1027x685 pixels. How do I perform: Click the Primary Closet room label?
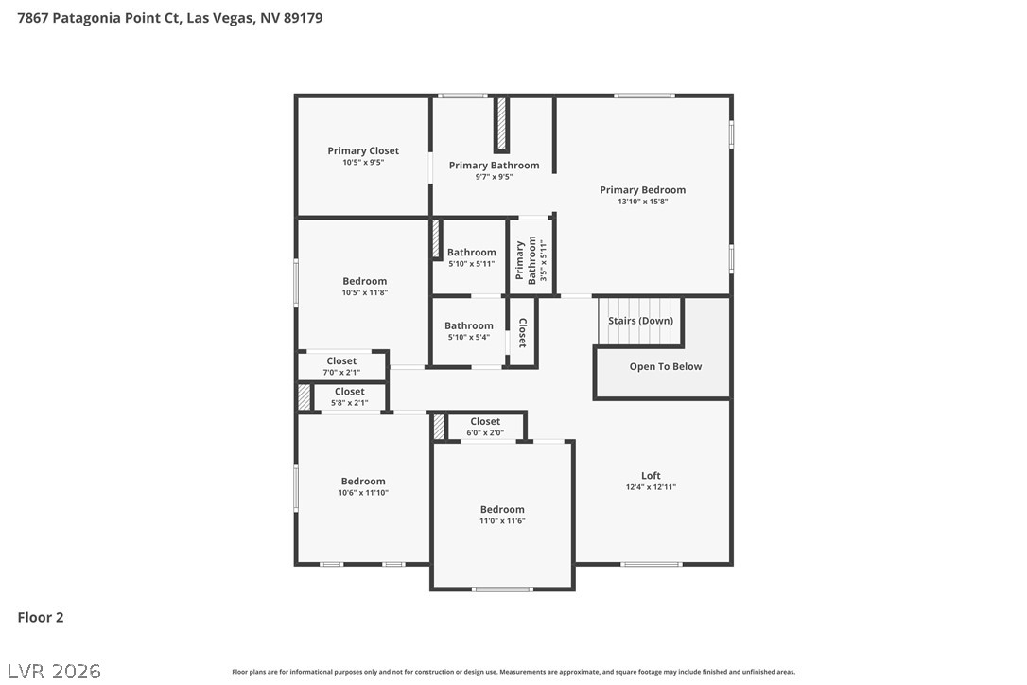363,150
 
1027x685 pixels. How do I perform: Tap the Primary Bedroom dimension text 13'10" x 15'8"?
642,202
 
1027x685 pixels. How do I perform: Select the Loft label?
651,475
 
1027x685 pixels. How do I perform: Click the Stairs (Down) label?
640,321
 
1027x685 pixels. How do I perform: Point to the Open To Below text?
666,366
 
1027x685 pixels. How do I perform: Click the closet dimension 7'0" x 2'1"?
341,373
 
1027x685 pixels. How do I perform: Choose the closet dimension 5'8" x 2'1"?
349,403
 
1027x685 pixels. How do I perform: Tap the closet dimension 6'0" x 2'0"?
485,432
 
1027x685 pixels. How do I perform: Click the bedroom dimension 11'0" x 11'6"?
502,521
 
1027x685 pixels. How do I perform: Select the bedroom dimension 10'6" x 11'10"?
363,493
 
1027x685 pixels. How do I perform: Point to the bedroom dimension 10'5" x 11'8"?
365,293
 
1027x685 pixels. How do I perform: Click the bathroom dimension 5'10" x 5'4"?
469,338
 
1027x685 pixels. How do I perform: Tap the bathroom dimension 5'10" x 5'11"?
472,264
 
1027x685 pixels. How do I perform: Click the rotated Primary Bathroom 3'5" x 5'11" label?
531,259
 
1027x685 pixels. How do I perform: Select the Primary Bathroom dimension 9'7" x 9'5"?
494,177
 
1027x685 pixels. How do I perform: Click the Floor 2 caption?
41,617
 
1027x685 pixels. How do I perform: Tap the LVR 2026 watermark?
54,671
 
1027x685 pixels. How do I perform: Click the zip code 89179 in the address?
304,18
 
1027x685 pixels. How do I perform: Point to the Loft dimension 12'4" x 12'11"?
651,487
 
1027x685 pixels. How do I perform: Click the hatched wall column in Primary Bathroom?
502,124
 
